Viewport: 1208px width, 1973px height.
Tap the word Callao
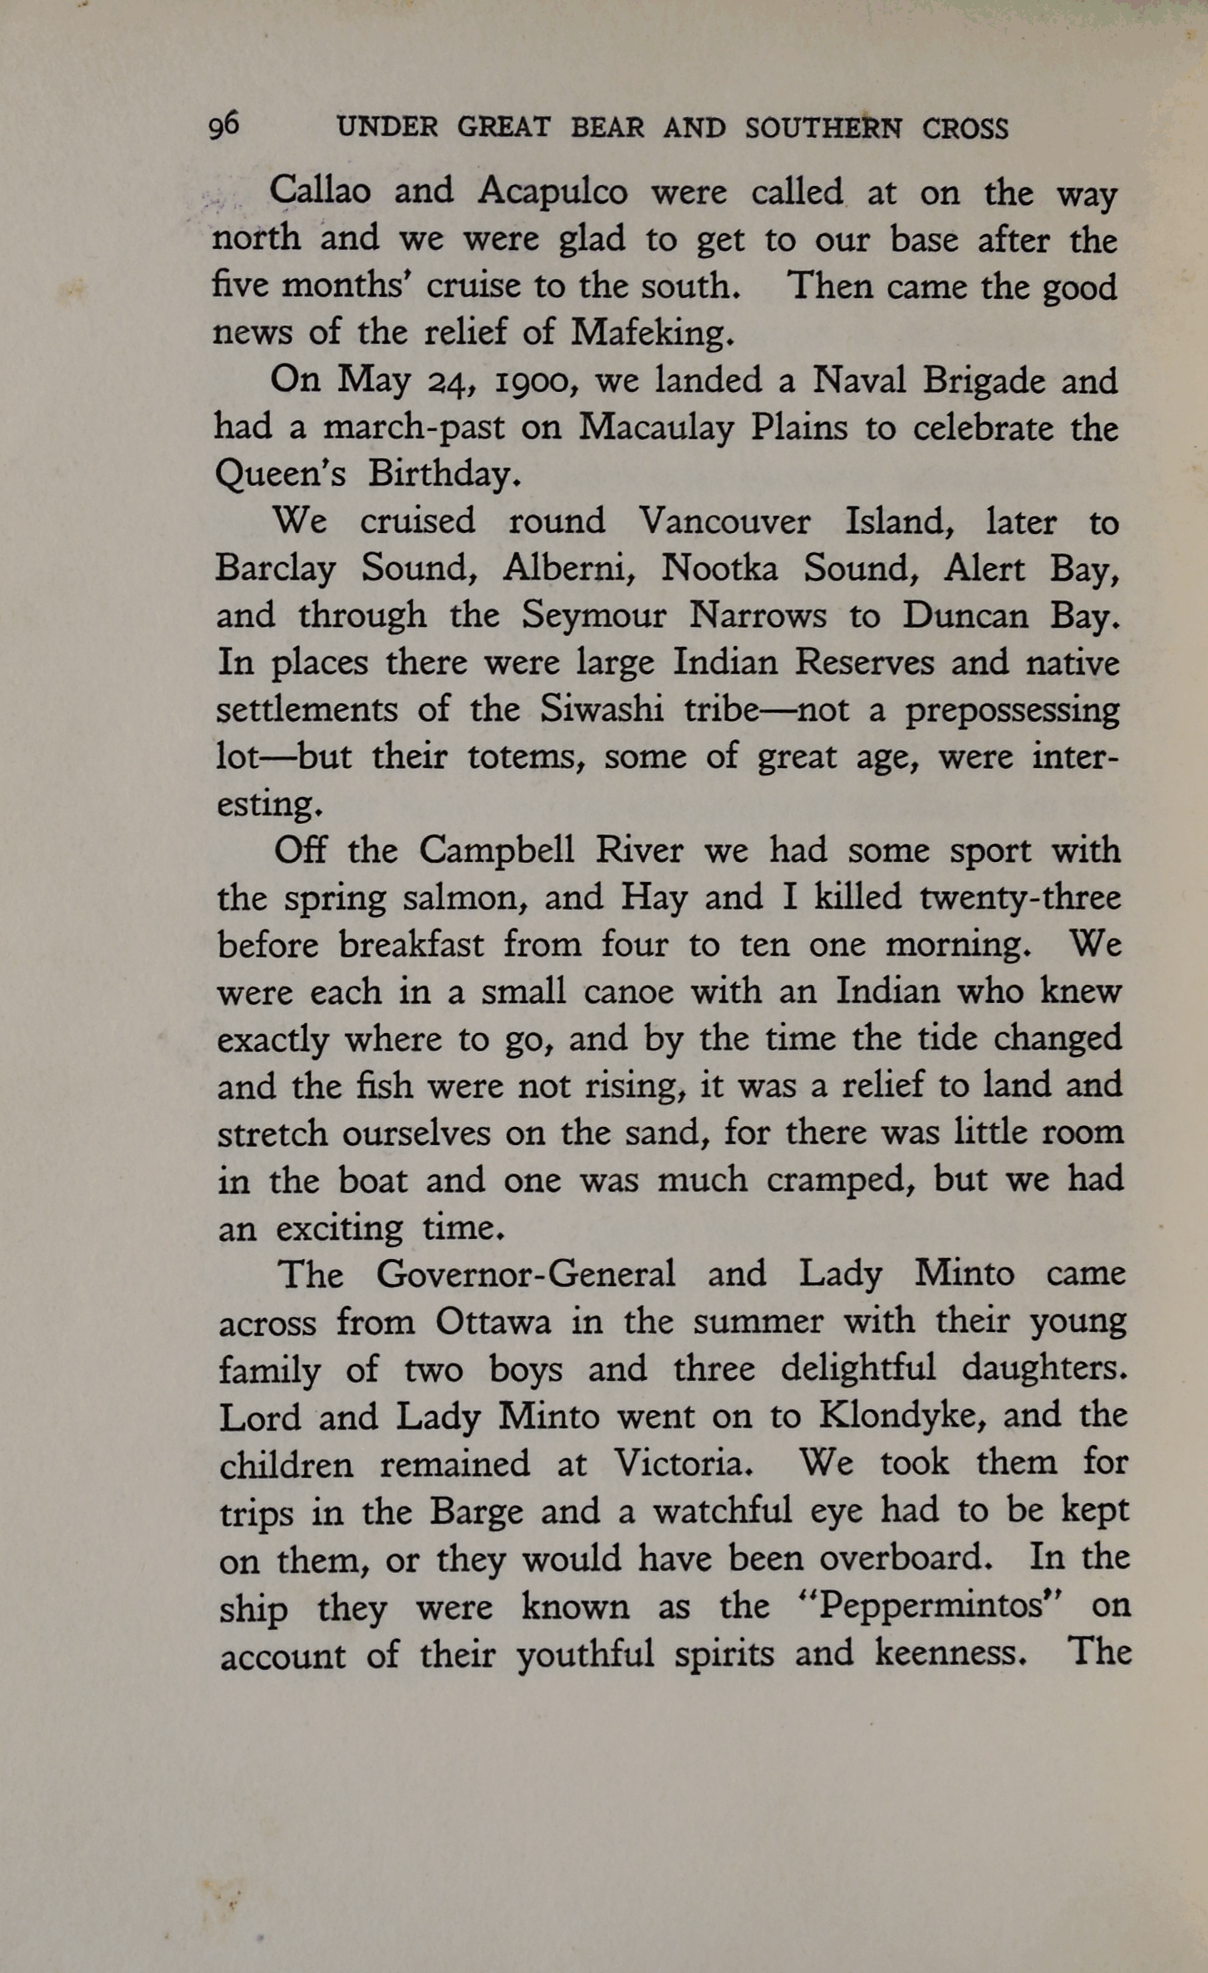320,192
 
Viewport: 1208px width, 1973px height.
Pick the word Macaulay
656,428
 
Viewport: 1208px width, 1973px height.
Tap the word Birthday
444,474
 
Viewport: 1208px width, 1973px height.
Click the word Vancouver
724,521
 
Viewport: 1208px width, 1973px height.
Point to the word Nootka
719,568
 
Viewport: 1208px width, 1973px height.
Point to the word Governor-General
525,1274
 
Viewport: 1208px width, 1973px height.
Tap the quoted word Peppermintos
930,1604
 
